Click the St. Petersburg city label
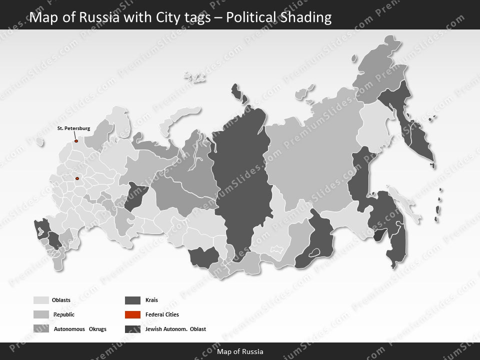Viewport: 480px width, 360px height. coord(73,128)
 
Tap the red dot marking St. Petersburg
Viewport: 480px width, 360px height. coord(76,141)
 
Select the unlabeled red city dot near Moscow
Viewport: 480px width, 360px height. coord(77,178)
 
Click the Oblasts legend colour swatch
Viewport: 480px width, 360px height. coord(41,300)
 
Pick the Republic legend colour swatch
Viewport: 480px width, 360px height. coord(41,314)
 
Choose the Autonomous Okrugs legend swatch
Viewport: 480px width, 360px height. coord(41,329)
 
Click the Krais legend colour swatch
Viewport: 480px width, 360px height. coord(132,300)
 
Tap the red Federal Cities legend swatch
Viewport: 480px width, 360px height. coord(132,314)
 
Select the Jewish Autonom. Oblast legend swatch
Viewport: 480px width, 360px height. coord(132,329)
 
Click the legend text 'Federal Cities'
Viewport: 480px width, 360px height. coord(162,314)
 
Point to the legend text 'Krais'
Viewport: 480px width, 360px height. coord(151,300)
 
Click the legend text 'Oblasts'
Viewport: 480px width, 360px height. coord(61,300)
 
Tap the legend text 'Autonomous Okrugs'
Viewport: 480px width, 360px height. coord(80,329)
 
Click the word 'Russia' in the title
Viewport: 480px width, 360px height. coord(88,17)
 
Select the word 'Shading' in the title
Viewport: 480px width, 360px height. coord(307,17)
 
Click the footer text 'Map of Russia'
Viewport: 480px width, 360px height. coord(240,351)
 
